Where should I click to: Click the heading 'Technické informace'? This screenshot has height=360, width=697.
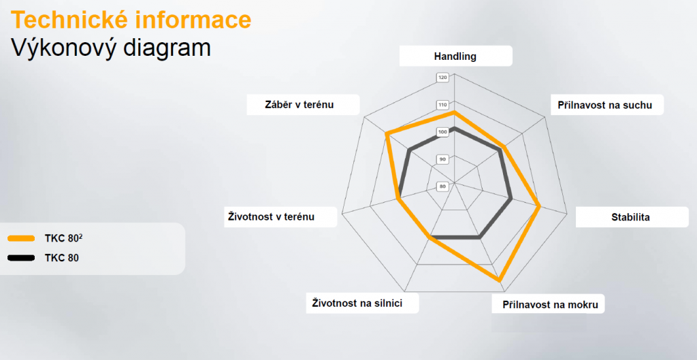pyautogui.click(x=131, y=20)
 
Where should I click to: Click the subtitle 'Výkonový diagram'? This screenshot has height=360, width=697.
pyautogui.click(x=111, y=48)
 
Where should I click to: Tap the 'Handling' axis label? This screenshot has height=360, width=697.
pyautogui.click(x=455, y=56)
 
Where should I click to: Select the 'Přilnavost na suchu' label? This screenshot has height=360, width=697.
pyautogui.click(x=605, y=105)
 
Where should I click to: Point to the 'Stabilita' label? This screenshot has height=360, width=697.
pyautogui.click(x=630, y=218)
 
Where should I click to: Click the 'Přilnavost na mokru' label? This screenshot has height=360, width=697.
pyautogui.click(x=550, y=304)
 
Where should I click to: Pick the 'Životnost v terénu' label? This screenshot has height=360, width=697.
pyautogui.click(x=270, y=217)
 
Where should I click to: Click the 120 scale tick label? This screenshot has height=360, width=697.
pyautogui.click(x=443, y=78)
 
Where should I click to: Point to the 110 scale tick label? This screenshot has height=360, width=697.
pyautogui.click(x=443, y=105)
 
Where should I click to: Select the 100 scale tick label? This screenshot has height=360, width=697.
pyautogui.click(x=443, y=132)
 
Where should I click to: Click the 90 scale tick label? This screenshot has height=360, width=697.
pyautogui.click(x=443, y=159)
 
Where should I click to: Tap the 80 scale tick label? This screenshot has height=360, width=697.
pyautogui.click(x=443, y=186)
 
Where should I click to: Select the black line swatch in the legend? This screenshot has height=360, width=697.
pyautogui.click(x=20, y=258)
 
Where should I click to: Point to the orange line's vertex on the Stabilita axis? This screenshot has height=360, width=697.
pyautogui.click(x=539, y=206)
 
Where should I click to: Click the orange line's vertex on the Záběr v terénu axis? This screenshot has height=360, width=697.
pyautogui.click(x=387, y=134)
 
